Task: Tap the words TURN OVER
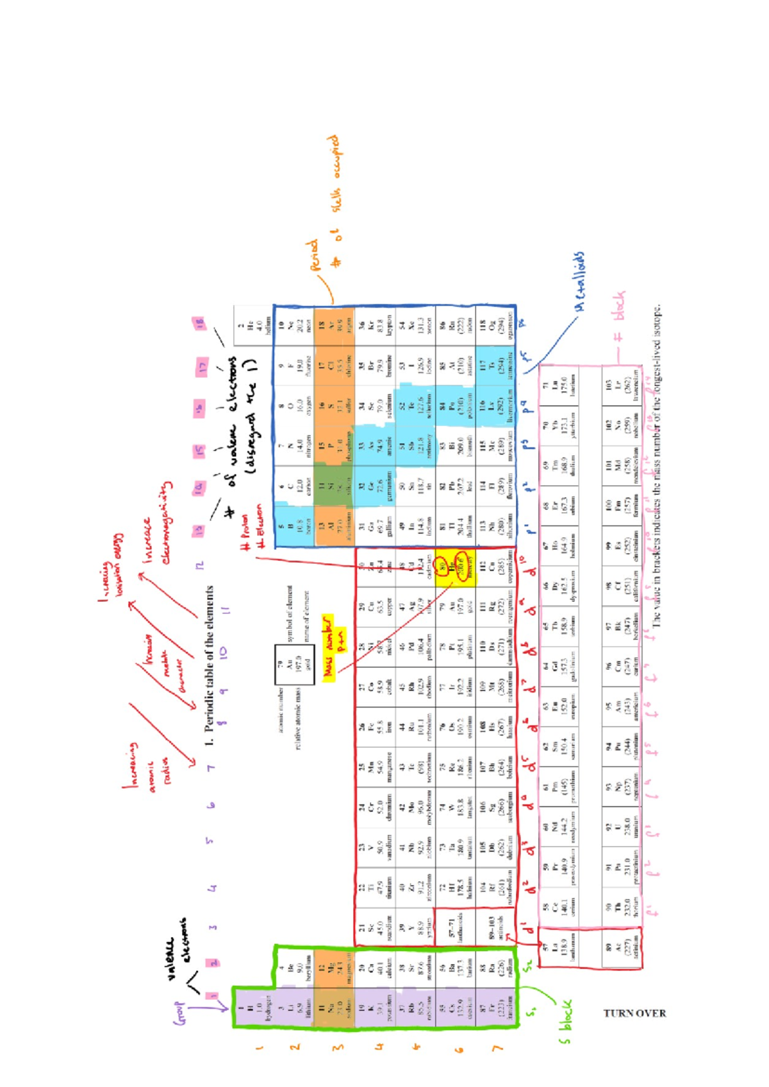[x=634, y=1013]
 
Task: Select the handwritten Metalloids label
[x=579, y=282]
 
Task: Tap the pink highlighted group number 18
[x=199, y=322]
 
